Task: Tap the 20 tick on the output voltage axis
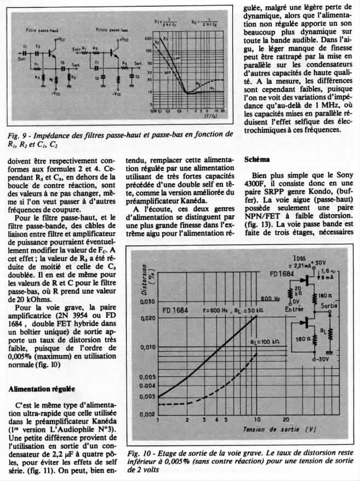tap(285, 420)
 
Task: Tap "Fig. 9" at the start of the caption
tap(21, 134)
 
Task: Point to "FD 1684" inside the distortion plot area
tap(176, 311)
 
